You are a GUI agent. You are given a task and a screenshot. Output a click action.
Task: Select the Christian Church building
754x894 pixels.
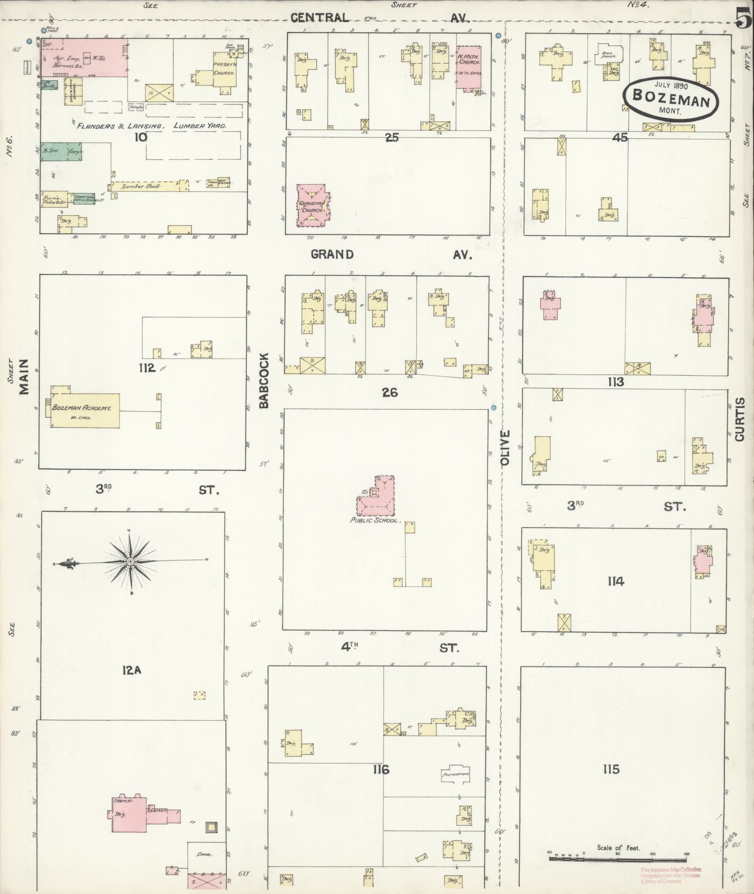point(312,206)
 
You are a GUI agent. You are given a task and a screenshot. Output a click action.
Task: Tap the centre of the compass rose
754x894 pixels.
point(131,561)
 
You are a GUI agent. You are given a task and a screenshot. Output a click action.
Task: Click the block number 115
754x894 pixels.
point(610,769)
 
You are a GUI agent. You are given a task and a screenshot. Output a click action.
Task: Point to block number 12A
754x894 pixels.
point(131,670)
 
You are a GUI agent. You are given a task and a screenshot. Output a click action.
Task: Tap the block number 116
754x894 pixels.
point(381,769)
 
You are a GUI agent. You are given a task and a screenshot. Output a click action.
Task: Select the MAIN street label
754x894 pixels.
point(24,377)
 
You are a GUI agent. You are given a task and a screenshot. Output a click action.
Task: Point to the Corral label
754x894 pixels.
point(206,854)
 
